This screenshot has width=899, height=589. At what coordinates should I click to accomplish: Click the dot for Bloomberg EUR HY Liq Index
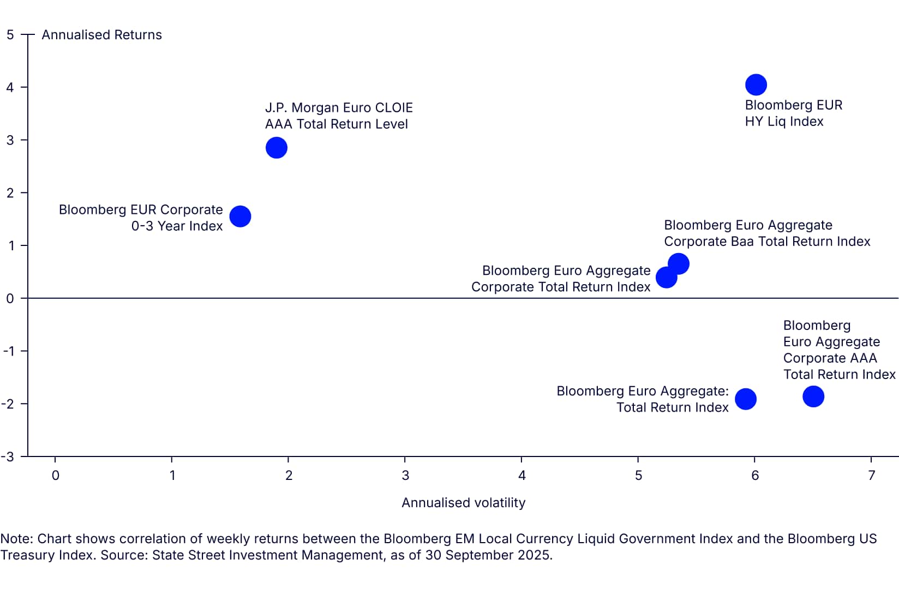756,85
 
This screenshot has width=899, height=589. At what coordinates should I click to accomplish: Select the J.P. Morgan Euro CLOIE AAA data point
277,148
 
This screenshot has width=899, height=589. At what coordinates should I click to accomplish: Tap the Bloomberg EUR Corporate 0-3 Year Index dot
240,217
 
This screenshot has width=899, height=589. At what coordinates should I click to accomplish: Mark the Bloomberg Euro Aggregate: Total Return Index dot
746,399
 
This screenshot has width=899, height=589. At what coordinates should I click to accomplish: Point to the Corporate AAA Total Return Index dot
813,396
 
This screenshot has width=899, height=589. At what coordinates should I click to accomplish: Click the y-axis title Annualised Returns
101,35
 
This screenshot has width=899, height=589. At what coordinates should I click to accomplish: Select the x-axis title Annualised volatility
463,503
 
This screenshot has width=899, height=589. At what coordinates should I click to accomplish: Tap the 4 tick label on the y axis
10,87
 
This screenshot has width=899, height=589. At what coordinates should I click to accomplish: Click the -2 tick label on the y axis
8,404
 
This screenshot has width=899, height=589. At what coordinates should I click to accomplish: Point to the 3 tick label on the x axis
405,476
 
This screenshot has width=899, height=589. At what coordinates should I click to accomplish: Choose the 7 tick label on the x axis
872,476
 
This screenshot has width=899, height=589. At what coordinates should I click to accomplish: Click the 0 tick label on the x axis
56,476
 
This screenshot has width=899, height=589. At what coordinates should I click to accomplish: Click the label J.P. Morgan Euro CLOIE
338,108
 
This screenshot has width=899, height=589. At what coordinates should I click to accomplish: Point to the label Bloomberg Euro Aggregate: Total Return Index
642,399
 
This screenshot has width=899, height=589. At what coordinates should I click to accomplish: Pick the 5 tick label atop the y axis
10,35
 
